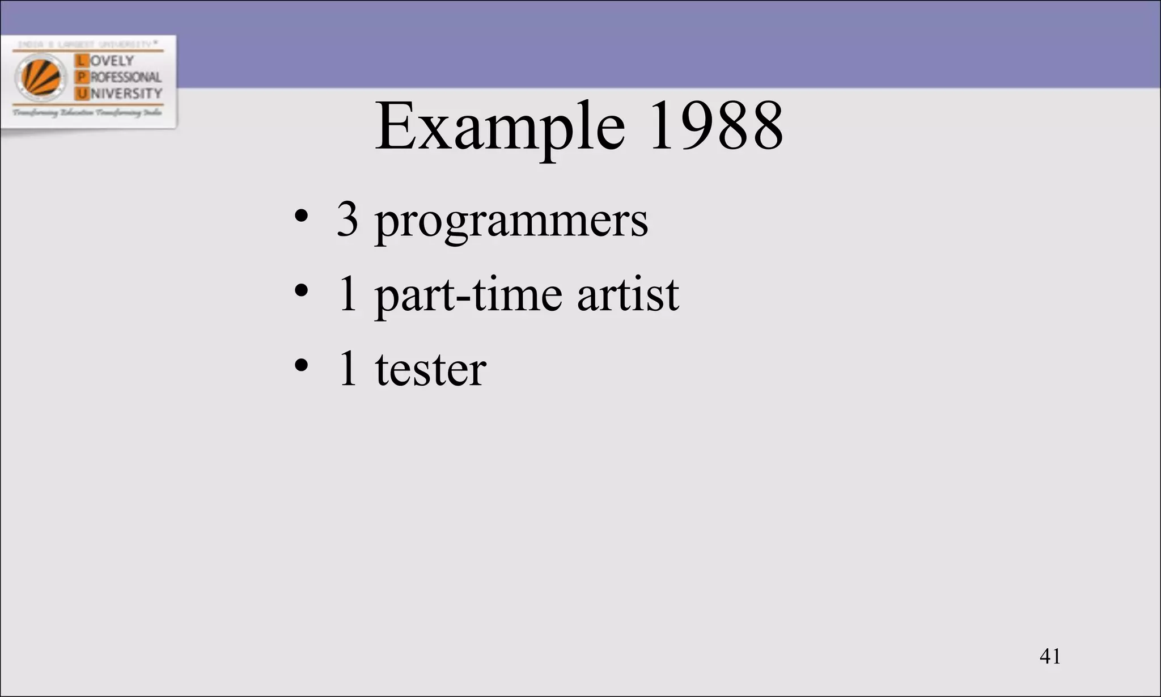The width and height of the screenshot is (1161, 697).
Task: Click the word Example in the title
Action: click(x=499, y=127)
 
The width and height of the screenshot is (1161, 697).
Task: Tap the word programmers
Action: click(x=511, y=222)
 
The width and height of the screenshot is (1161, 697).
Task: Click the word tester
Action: click(x=430, y=370)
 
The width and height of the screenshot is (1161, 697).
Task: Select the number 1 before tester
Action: click(x=348, y=369)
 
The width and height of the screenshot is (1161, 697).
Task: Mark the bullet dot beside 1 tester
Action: click(x=301, y=365)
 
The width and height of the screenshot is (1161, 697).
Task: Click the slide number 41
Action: click(x=1050, y=656)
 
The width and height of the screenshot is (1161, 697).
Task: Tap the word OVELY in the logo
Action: click(x=112, y=61)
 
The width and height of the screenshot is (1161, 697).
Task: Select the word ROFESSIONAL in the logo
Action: click(x=126, y=77)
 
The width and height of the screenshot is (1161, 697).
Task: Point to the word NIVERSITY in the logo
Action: click(x=126, y=94)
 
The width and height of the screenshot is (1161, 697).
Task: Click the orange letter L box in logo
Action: click(x=82, y=61)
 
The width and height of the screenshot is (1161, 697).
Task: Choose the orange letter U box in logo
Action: click(x=82, y=94)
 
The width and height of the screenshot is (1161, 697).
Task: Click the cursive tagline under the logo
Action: click(x=87, y=113)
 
